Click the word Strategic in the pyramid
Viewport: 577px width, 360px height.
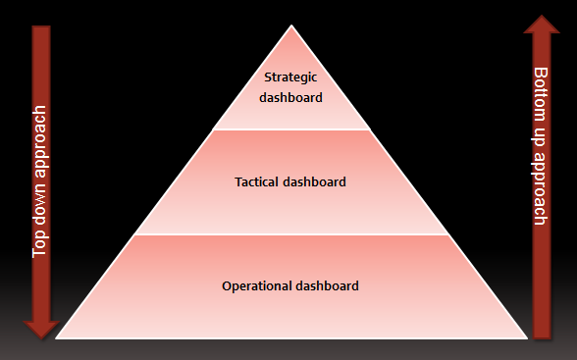[x=290, y=77]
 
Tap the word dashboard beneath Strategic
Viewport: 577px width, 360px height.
[x=290, y=97]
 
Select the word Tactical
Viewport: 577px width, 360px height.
[x=257, y=181]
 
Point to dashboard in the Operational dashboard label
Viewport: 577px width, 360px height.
[x=328, y=286]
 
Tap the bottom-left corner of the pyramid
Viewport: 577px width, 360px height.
[x=57, y=336]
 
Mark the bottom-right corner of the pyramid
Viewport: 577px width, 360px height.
[x=527, y=336]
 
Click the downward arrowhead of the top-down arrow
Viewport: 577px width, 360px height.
[x=40, y=329]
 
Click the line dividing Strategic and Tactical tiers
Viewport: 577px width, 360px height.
[x=291, y=129]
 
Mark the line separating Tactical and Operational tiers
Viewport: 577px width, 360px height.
[x=291, y=234]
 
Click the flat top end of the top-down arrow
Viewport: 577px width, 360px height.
[x=40, y=26]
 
